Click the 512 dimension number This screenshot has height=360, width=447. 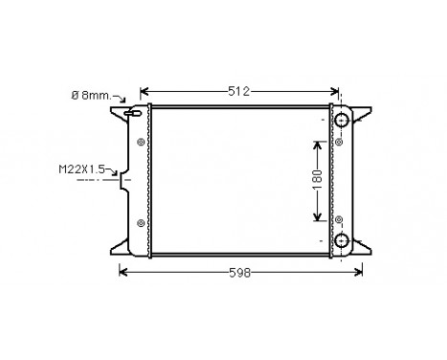238,92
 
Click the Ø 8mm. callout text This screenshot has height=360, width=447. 92,96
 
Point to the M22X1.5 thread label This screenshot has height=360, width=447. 82,169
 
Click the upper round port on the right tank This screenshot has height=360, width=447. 343,120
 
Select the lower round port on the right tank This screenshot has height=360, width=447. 343,239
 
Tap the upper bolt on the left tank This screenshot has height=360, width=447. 142,143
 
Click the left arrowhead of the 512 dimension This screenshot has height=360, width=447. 145,93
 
